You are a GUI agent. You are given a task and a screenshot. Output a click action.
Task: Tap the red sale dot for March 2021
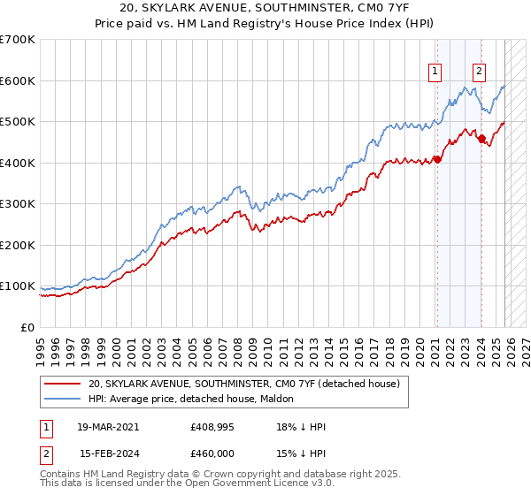(437, 160)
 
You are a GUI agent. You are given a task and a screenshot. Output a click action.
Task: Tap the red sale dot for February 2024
(481, 139)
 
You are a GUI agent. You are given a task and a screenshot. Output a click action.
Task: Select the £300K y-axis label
(18, 204)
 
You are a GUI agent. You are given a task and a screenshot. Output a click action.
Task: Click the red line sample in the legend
(63, 384)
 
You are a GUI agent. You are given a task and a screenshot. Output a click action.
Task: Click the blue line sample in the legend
(63, 400)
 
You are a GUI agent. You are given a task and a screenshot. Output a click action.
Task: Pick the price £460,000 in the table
(213, 453)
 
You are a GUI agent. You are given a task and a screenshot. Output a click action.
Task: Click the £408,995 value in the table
(213, 427)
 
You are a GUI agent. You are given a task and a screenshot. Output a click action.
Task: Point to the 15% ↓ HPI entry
(301, 453)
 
